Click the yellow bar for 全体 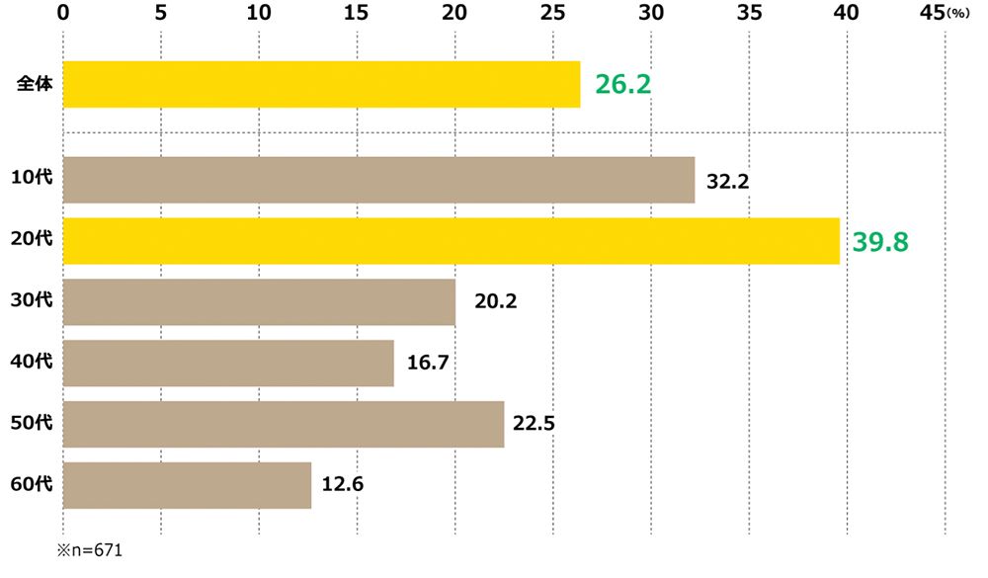pos(321,84)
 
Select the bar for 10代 pos(378,180)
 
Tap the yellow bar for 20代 pos(451,241)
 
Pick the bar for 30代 pos(259,302)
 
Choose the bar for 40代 pos(228,364)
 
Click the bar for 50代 pos(284,425)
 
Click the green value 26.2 pos(622,85)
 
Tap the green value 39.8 pos(881,242)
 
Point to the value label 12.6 pos(343,486)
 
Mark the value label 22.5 pos(535,425)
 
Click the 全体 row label pos(35,85)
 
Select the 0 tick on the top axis pos(63,13)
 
